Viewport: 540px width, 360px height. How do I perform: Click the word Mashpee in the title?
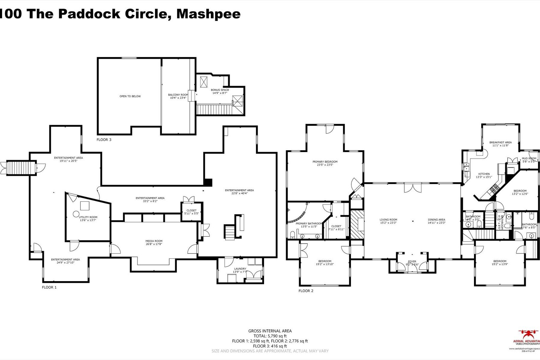208,14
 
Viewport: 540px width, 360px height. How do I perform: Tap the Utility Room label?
88,217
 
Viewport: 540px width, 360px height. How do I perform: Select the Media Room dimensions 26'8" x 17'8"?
154,244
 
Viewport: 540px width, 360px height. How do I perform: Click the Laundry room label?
240,269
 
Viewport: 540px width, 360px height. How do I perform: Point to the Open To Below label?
130,96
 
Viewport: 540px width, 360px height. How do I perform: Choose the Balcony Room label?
178,95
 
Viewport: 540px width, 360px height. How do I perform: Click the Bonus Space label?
220,90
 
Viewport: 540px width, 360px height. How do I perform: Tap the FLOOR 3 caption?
104,140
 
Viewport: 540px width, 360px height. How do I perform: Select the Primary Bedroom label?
325,162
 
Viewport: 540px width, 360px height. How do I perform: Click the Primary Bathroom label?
309,223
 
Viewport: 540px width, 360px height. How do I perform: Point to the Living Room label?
388,220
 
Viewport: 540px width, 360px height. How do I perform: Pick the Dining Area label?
436,220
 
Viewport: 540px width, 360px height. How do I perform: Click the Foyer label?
412,262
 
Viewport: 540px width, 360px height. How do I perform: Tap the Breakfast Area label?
500,142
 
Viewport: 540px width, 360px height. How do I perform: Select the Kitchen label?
484,174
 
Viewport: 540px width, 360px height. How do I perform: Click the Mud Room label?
529,158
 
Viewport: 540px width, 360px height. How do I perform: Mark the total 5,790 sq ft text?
270,336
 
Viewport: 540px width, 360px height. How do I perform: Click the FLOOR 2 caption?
306,291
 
